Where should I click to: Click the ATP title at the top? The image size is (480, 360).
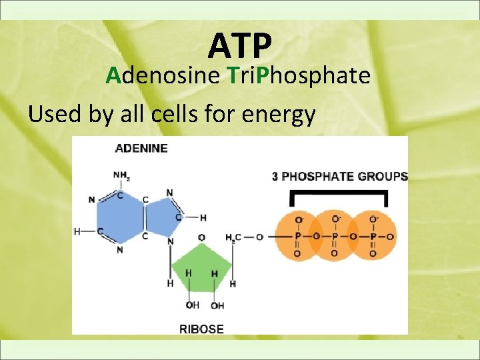(x=240, y=45)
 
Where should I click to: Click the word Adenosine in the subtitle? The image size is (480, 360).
(x=163, y=76)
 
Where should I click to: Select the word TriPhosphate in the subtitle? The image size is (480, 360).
(x=298, y=76)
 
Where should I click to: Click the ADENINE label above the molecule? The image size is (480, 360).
(x=141, y=148)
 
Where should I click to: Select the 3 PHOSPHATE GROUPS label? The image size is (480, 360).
(x=339, y=177)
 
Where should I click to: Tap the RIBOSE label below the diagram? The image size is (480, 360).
(x=201, y=329)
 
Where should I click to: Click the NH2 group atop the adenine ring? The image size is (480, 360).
(x=121, y=175)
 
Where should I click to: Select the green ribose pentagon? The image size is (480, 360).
(x=201, y=267)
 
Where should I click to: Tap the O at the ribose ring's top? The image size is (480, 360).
(x=201, y=237)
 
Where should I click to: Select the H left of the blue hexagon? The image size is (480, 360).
(x=77, y=231)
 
